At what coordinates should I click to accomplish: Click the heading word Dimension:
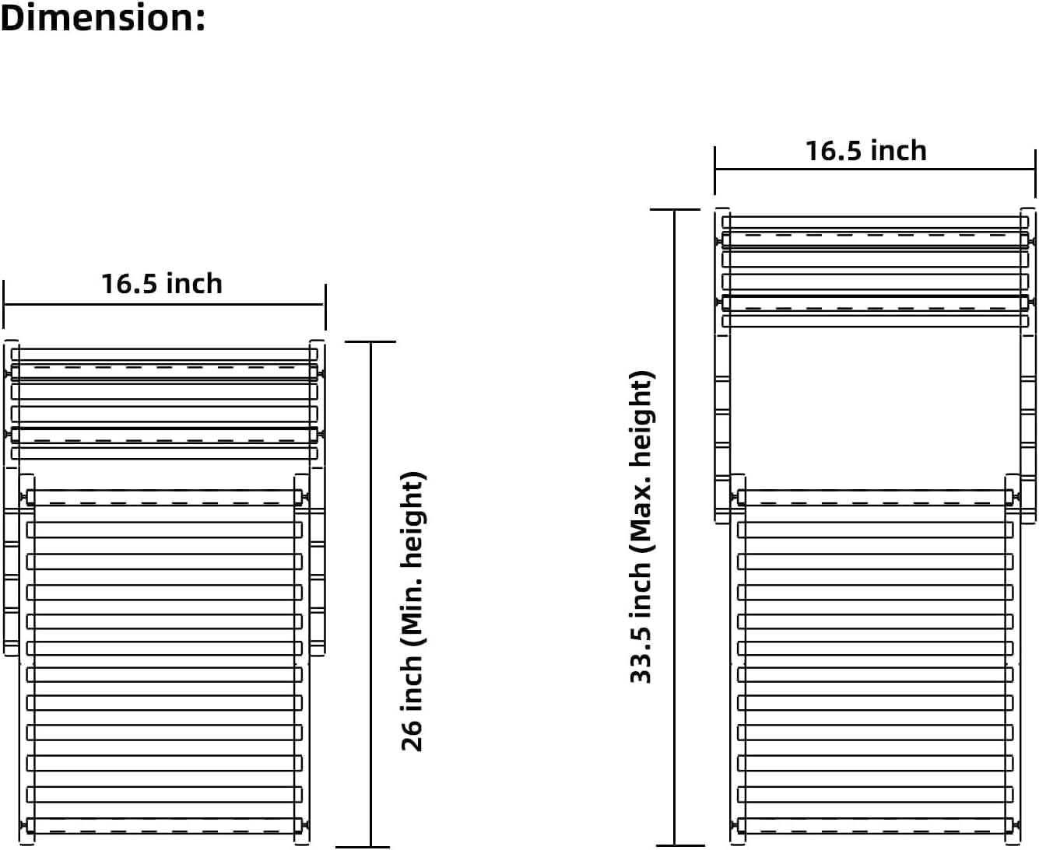click(103, 18)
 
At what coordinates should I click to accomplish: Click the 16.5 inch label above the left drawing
click(162, 284)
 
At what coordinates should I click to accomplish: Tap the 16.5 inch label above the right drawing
click(865, 151)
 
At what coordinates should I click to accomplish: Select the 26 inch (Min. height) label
click(412, 611)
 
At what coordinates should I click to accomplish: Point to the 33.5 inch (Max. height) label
click(641, 526)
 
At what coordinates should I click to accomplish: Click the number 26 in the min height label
click(412, 736)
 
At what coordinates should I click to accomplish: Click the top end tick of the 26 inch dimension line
click(370, 341)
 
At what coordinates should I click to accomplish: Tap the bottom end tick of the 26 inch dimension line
click(363, 847)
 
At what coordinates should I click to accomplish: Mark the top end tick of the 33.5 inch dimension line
click(675, 210)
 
